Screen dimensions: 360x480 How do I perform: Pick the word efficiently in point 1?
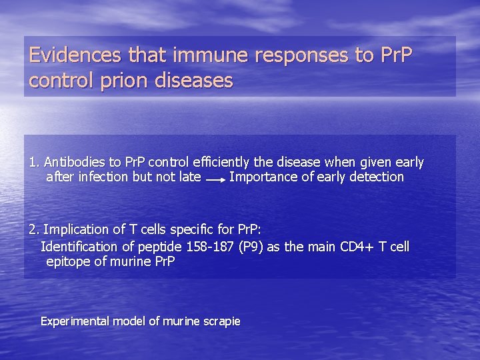(x=224, y=162)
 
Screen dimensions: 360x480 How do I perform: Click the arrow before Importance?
(x=215, y=179)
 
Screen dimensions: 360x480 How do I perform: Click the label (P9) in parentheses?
(x=251, y=247)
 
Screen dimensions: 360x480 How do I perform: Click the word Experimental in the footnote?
(x=75, y=321)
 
